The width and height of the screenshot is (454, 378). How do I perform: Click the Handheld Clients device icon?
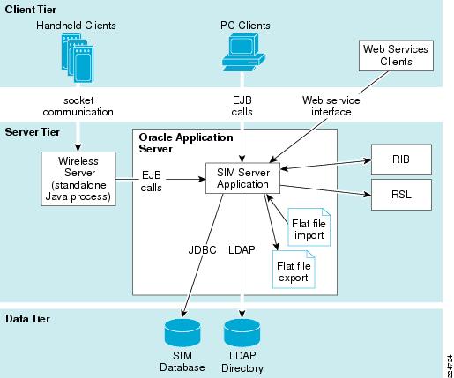point(78,58)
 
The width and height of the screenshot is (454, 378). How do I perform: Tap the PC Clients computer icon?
point(243,52)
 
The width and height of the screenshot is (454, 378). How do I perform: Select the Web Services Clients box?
point(396,56)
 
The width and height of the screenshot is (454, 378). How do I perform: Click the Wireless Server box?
point(78,179)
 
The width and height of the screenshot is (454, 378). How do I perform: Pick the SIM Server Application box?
point(242,178)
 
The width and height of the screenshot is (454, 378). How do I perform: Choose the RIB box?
point(401,159)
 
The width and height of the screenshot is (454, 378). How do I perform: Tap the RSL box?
point(401,195)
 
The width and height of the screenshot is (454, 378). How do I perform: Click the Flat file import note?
point(309,227)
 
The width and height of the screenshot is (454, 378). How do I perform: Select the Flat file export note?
point(294,270)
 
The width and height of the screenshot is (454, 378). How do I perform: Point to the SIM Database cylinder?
point(182,333)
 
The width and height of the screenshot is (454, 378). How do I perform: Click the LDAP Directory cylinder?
point(242,333)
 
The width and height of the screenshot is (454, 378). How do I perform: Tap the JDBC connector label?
point(202,250)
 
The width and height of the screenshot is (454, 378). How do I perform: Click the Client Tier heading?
point(31,10)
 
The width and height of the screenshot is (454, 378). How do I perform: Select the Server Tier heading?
point(33,132)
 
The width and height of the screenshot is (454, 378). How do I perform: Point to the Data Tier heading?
point(27,319)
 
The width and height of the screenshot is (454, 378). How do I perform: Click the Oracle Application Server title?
point(186,143)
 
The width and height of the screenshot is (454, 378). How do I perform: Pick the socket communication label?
point(78,106)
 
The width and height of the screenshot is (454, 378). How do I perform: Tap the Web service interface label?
point(331,106)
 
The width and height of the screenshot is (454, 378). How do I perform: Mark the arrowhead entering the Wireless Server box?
point(78,148)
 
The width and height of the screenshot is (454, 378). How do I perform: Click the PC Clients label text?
point(245,26)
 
